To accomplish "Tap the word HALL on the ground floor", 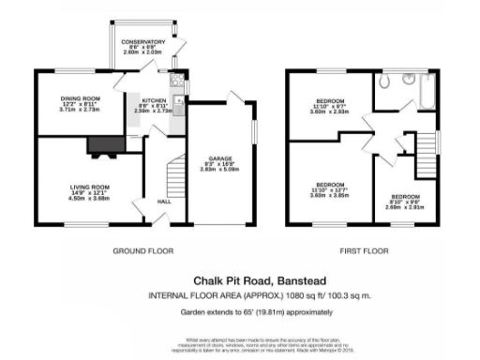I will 163,202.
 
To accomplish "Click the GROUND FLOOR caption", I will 142,252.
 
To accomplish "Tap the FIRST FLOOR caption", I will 364,252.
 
